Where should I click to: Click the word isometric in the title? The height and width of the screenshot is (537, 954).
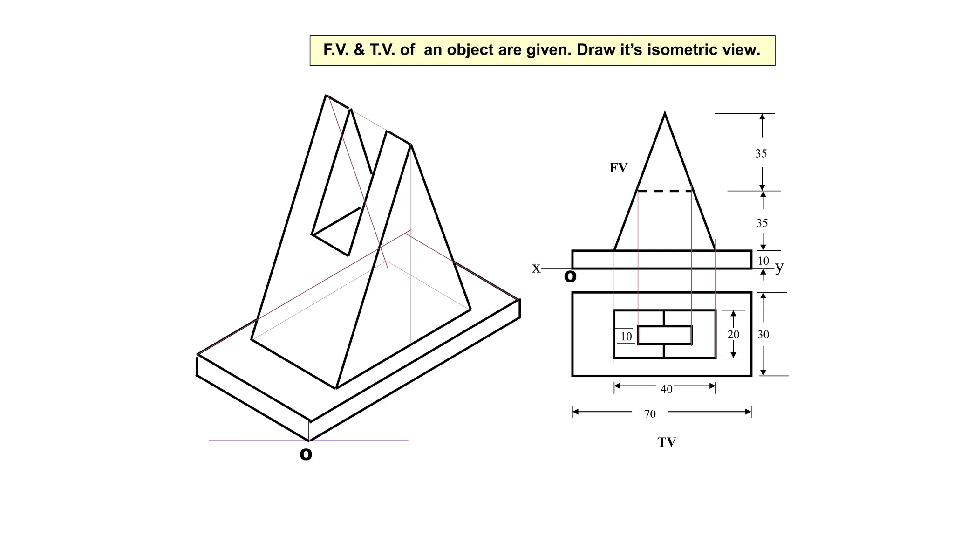coord(681,50)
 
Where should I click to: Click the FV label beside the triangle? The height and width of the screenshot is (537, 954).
coord(619,168)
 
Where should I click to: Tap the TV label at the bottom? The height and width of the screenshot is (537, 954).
coord(667,442)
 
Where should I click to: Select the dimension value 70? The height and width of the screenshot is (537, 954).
coord(650,414)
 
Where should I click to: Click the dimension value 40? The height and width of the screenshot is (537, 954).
coord(666,389)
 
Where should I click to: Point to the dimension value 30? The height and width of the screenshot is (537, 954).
coord(763,334)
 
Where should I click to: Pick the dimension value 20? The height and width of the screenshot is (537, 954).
coord(733,334)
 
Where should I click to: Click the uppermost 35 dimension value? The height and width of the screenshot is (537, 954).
coord(761,153)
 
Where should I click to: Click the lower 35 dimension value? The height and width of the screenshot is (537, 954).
coord(762,223)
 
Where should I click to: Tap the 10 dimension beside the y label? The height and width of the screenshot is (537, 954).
coord(763,261)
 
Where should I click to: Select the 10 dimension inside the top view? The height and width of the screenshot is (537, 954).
coord(626,336)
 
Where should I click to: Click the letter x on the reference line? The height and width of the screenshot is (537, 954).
coord(536,268)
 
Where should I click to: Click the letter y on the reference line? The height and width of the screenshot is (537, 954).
coord(779,267)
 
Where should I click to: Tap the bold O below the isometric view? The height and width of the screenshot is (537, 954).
coord(306,454)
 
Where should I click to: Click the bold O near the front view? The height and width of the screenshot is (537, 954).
coord(570,276)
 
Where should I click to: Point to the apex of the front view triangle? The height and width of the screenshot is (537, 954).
coord(665,113)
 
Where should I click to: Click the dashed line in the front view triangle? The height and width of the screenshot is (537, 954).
coord(665,191)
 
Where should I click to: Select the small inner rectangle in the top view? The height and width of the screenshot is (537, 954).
coord(665,335)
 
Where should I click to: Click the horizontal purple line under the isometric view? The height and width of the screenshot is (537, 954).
coord(363,441)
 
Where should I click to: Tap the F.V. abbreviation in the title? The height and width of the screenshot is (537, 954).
coord(336,50)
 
